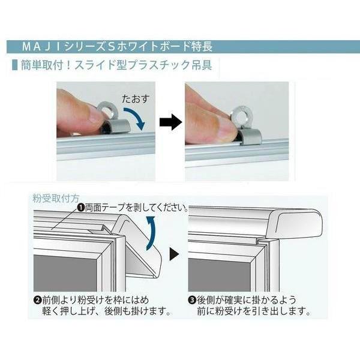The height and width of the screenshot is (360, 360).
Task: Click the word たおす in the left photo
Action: [136, 99]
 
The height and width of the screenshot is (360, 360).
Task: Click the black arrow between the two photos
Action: [171, 122]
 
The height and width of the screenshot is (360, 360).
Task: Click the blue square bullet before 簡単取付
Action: [15, 65]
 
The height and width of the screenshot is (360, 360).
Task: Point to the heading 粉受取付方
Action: [56, 198]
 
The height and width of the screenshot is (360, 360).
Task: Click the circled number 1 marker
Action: [80, 208]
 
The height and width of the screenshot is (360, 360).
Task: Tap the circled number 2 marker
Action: [37, 301]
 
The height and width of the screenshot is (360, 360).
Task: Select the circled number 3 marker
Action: [192, 301]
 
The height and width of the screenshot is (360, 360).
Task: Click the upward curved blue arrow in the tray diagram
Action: [151, 232]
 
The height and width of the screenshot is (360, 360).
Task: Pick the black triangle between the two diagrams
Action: [174, 254]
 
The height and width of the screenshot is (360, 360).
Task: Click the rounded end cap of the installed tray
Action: [295, 223]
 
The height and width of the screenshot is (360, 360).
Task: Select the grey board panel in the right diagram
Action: [219, 275]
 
